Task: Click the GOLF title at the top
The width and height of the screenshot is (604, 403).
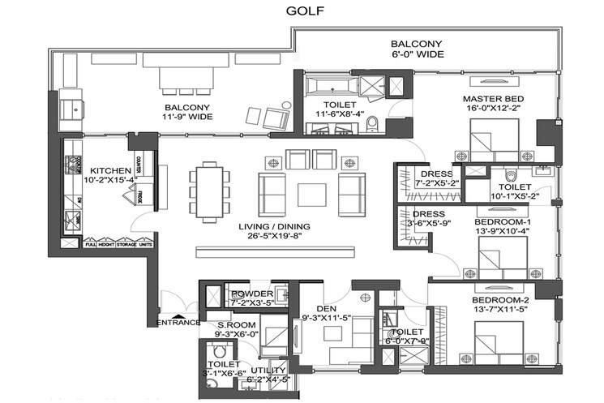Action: click(x=302, y=11)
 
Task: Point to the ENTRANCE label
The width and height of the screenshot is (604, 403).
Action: click(x=178, y=323)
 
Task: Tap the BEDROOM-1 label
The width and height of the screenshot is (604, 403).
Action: click(x=502, y=222)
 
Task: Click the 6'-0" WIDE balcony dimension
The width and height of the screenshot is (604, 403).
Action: click(x=415, y=56)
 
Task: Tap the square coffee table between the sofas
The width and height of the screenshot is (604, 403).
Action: click(x=312, y=195)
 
